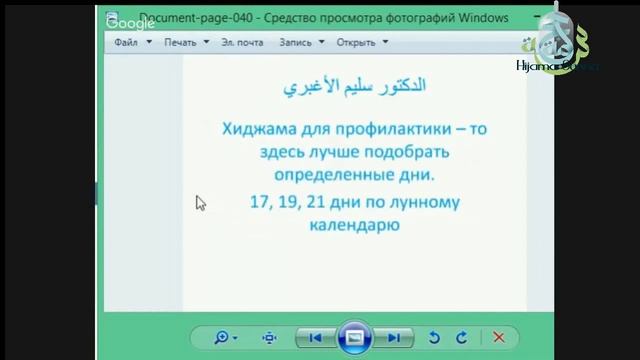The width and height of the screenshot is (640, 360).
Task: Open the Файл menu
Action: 126,43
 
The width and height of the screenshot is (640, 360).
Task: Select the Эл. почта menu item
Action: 242,43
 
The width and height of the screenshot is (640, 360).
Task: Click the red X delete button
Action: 498,337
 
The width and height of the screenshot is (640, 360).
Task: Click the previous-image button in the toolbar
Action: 315,337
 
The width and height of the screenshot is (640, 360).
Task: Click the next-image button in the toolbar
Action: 395,337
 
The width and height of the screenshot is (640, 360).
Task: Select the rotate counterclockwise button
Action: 434,337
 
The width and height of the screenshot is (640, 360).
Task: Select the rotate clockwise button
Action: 461,337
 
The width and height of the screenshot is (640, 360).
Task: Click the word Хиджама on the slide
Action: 259,128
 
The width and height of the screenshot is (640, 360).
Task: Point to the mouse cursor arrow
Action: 200,202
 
